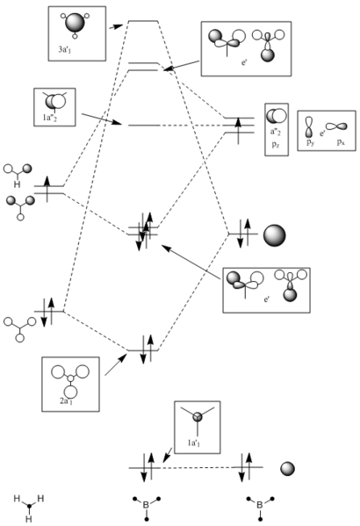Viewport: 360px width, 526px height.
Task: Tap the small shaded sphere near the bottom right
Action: [x=286, y=469]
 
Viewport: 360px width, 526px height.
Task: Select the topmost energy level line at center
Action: [x=143, y=21]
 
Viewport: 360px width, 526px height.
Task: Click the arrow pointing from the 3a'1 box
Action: [x=114, y=27]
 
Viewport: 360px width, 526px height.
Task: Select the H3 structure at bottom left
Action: [x=28, y=504]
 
